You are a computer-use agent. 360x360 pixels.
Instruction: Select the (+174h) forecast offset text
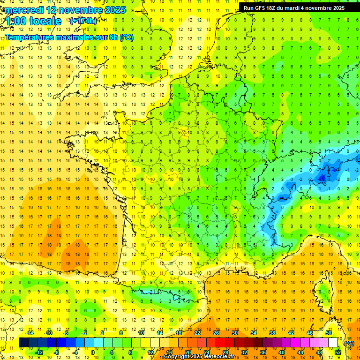click(83, 21)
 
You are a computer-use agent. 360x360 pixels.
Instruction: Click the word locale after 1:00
click(45, 21)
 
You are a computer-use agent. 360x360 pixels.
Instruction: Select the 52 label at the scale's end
click(338, 352)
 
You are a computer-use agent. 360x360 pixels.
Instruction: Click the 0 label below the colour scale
click(93, 352)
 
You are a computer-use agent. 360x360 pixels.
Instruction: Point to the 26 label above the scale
click(216, 333)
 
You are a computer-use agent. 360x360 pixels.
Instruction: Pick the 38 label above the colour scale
click(272, 333)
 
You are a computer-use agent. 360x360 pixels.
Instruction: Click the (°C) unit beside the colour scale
click(349, 343)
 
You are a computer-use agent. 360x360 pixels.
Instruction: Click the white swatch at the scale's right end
click(333, 343)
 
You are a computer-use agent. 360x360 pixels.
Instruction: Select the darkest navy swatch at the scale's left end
click(23, 343)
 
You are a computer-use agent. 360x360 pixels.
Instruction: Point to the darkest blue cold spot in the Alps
click(322, 177)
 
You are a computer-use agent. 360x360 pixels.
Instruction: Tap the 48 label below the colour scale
click(319, 352)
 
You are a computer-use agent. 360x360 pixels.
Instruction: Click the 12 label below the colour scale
click(150, 352)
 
